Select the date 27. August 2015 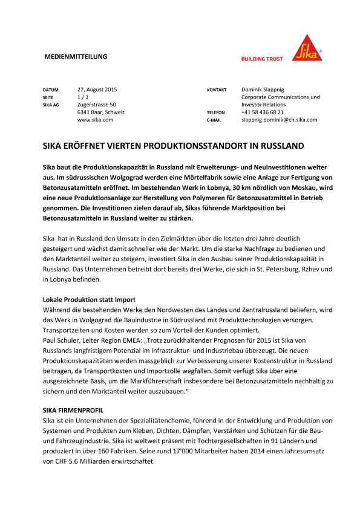point(97,89)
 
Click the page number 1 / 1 point(83,97)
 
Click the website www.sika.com point(96,120)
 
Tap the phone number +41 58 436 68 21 point(262,112)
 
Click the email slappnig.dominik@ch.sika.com point(279,120)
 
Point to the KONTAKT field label point(217,89)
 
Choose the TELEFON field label point(216,112)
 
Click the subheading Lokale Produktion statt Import point(88,299)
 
